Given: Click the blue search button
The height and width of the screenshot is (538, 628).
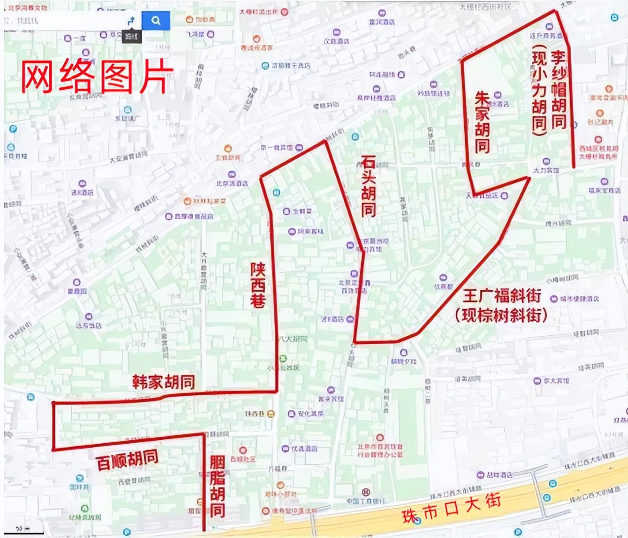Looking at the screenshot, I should [x=156, y=21].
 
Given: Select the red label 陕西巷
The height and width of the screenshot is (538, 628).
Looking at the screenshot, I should [x=258, y=285].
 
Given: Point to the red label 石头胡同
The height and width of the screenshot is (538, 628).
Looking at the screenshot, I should [x=368, y=186].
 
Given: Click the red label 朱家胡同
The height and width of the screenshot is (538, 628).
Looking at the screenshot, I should [x=482, y=123].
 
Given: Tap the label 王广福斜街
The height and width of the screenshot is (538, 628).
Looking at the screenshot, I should [x=502, y=296].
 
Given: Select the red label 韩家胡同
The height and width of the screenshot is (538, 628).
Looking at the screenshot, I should [x=163, y=382].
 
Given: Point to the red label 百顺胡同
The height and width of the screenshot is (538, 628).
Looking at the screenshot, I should [x=128, y=460].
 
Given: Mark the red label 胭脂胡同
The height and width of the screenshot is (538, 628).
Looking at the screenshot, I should [x=217, y=486].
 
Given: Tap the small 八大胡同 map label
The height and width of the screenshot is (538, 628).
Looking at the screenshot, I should [x=293, y=339].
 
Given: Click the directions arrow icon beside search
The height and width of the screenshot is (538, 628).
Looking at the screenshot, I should [x=131, y=21].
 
